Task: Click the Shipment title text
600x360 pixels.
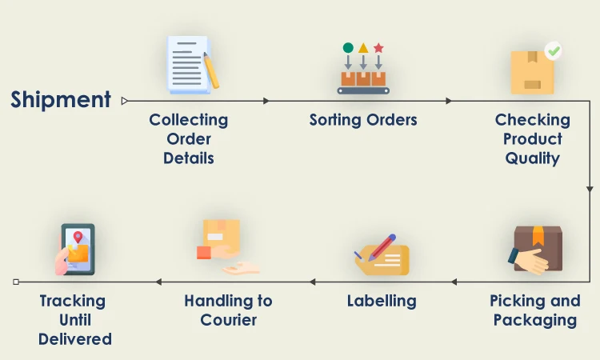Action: click(x=61, y=100)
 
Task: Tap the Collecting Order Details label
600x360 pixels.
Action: click(x=188, y=138)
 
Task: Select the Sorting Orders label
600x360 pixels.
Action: click(x=363, y=120)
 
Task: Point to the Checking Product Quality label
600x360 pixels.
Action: click(x=532, y=138)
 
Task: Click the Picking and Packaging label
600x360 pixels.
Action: click(x=534, y=310)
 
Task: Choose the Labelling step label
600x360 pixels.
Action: click(x=382, y=302)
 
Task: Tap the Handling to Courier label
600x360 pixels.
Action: click(x=228, y=310)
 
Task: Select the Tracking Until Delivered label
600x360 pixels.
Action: click(x=74, y=320)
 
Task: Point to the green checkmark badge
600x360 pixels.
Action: click(x=553, y=51)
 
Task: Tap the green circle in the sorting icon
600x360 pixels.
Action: click(x=348, y=48)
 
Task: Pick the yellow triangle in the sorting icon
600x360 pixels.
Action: click(x=363, y=48)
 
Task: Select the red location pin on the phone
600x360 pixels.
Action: click(x=78, y=238)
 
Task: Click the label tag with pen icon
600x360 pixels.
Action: click(x=382, y=254)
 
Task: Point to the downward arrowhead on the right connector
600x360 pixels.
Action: click(x=590, y=190)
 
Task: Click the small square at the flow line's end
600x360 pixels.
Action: click(x=16, y=282)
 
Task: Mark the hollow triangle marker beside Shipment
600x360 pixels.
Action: click(x=125, y=101)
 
